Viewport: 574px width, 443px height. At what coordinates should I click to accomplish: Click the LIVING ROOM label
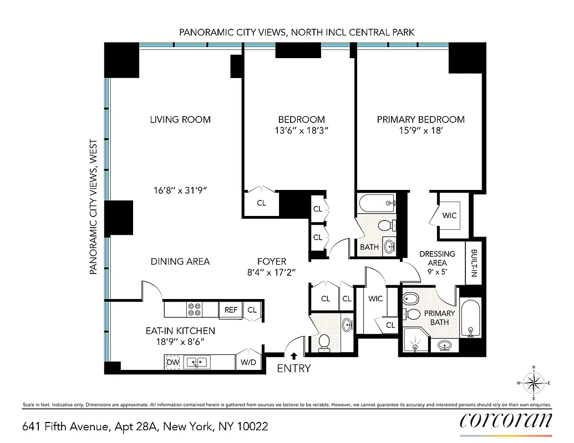(x=180, y=120)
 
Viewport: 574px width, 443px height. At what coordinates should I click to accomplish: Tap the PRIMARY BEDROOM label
(x=420, y=120)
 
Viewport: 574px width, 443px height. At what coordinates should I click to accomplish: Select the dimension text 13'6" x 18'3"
(x=301, y=132)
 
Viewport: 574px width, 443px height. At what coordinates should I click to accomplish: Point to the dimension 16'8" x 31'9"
(x=180, y=190)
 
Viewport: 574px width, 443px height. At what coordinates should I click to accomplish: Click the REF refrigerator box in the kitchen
(x=230, y=310)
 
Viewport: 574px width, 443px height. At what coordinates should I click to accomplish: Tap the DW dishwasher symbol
(x=173, y=363)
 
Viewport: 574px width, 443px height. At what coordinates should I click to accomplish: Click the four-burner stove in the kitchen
(x=194, y=310)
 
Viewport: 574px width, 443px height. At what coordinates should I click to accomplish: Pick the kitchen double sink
(x=197, y=363)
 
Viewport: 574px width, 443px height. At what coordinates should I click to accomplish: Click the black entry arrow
(x=293, y=357)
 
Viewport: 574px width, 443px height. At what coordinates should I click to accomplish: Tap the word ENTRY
(x=294, y=369)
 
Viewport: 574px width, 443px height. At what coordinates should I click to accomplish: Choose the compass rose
(x=533, y=383)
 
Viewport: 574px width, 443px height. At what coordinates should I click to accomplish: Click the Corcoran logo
(x=506, y=421)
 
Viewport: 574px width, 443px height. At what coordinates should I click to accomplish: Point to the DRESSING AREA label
(x=437, y=259)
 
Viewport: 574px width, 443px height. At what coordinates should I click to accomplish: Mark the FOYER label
(x=272, y=261)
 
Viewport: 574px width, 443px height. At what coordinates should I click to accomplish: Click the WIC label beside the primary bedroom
(x=450, y=215)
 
